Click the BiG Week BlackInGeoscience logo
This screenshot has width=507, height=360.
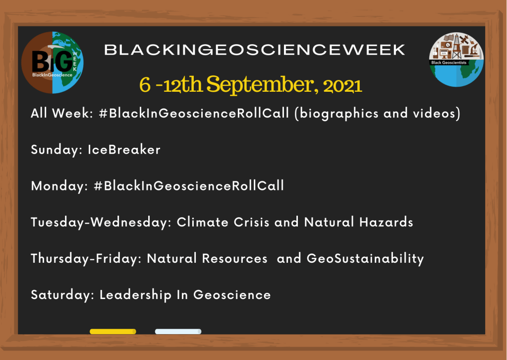(52, 62)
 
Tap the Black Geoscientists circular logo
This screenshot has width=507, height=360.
(455, 60)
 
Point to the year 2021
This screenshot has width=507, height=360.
(342, 86)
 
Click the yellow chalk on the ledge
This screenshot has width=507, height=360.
(113, 331)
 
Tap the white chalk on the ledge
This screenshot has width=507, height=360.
(178, 331)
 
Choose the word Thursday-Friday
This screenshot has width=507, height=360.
(86, 258)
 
